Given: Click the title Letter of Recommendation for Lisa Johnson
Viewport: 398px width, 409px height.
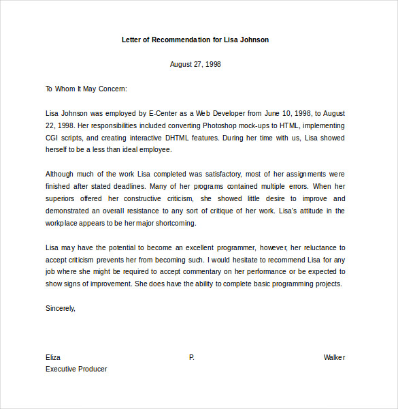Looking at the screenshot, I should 195,40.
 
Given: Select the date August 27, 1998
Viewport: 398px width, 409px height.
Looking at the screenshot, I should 195,64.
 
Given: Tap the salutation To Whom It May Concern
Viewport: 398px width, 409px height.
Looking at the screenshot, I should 86,89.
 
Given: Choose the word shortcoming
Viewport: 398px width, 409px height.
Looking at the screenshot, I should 174,224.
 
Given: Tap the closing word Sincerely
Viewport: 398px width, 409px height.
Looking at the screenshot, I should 61,308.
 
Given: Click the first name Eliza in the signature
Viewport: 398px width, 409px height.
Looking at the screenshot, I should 53,357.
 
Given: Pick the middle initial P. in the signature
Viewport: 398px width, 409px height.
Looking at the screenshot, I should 192,357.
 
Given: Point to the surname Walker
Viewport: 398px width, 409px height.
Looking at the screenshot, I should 334,357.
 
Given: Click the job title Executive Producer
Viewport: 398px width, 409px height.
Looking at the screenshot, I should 76,369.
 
